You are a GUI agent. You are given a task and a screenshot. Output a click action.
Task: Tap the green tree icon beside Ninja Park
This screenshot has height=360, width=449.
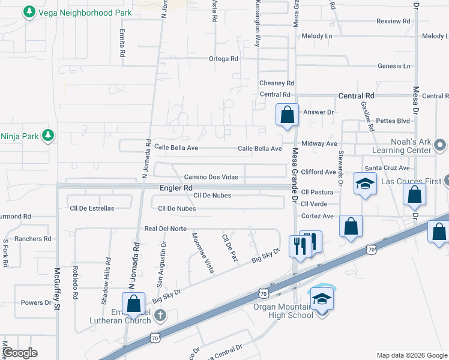point(48,136)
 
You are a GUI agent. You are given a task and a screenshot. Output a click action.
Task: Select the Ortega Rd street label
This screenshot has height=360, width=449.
point(223,59)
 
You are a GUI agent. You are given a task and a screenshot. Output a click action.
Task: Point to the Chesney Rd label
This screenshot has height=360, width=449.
point(276,83)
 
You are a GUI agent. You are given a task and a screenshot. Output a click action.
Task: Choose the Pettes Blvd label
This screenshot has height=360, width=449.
point(395,121)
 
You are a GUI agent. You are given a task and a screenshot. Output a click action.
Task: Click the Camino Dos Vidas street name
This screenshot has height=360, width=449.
point(211,177)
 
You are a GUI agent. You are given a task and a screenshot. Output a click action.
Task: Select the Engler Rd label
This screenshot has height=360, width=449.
point(176,188)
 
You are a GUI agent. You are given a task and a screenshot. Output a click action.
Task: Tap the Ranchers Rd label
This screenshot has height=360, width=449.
point(33,239)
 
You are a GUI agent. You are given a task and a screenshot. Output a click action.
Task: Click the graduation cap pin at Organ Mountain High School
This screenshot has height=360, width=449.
point(322,298)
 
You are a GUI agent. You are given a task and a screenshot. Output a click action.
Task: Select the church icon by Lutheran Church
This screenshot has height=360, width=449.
point(160,315)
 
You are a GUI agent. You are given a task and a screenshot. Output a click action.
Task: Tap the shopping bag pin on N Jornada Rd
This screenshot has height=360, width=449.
point(133,304)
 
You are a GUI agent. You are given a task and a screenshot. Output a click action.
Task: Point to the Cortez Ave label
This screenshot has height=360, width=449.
point(317,216)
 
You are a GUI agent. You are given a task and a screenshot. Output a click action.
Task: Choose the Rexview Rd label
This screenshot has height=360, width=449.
point(393,21)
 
